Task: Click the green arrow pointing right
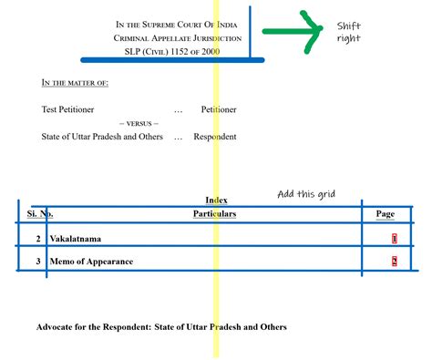[293, 32]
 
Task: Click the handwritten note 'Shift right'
[349, 32]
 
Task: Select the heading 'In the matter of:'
[75, 83]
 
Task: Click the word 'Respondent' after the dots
[214, 137]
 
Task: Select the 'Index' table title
[217, 200]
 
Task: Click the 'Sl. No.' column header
[39, 214]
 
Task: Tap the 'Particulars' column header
[214, 214]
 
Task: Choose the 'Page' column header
[386, 214]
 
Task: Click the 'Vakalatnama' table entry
[76, 239]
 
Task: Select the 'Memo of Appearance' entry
[91, 262]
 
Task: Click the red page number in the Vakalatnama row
[394, 239]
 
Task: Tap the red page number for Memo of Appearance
[394, 262]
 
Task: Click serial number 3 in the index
[38, 262]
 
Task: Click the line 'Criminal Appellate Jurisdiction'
[178, 38]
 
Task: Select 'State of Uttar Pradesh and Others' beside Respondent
[103, 137]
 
